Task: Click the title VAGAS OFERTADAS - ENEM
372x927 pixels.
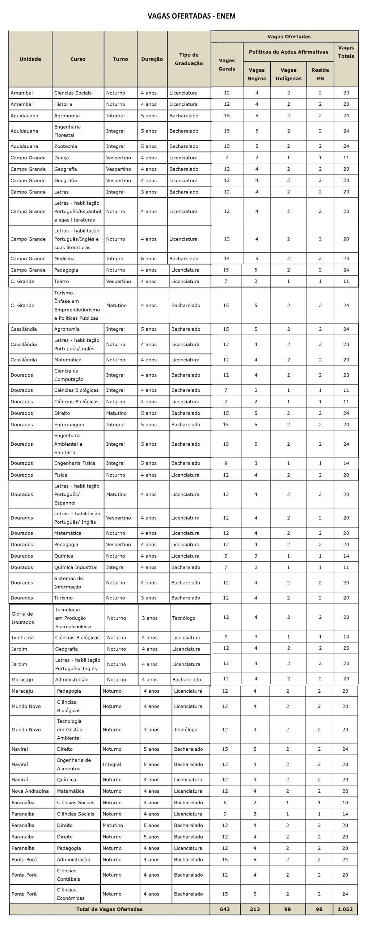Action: point(191,16)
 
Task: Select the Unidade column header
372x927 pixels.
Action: point(30,59)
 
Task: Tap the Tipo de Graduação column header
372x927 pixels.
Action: point(189,59)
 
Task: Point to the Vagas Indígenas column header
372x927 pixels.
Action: point(288,74)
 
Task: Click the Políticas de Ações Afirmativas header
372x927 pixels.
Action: point(288,52)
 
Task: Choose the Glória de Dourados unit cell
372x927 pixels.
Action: point(22,618)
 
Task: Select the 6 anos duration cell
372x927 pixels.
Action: point(149,259)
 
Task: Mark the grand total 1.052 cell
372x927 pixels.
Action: point(345,909)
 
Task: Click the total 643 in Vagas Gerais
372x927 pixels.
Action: point(225,909)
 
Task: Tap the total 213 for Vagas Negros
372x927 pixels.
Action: point(255,909)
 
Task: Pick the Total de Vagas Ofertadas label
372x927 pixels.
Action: point(109,909)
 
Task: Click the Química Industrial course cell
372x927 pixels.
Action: point(76,567)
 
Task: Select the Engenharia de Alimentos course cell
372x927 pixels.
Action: point(74,764)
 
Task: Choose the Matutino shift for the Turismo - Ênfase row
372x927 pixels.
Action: point(116,305)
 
